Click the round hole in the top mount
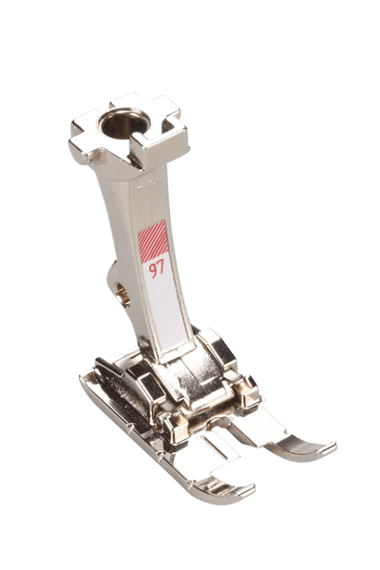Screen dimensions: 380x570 [x=124, y=123]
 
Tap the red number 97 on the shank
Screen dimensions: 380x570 [x=157, y=270]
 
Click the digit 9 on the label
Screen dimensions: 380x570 [x=153, y=271]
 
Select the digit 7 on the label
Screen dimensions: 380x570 [x=161, y=268]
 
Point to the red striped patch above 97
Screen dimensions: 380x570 [x=153, y=241]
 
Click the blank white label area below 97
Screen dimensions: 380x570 [x=165, y=309]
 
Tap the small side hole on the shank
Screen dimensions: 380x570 [x=123, y=293]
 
